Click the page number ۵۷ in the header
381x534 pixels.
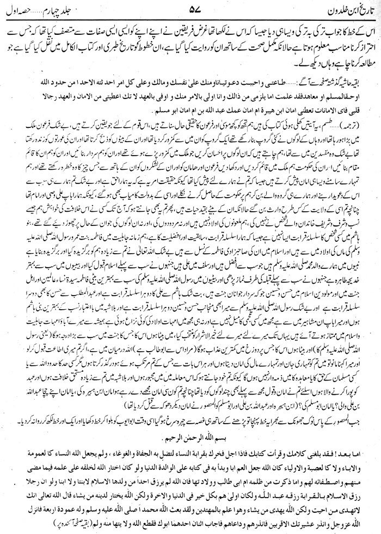click(x=190, y=10)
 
